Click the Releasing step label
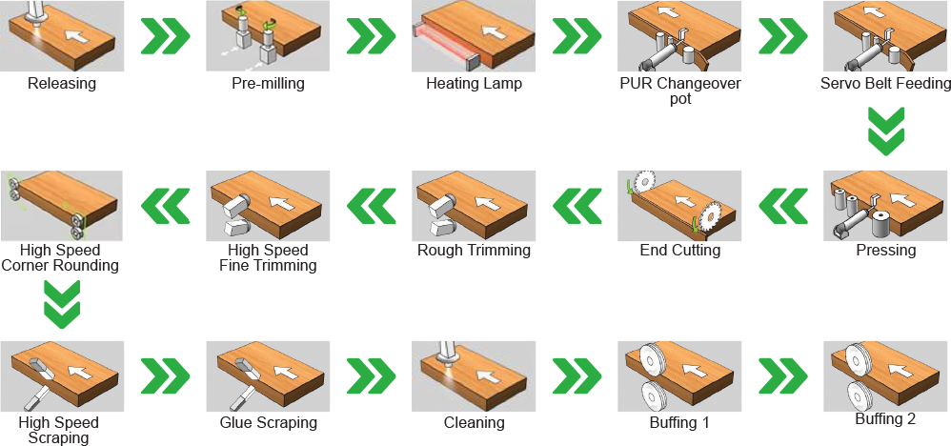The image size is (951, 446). point(62,83)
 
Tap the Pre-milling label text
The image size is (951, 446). point(268,83)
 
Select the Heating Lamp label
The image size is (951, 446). point(474,83)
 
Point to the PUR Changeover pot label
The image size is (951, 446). point(679,91)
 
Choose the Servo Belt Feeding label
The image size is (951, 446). point(885,83)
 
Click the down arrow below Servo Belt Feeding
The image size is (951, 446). point(886,131)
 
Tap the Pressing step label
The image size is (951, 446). point(886,250)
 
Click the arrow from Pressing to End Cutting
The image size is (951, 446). point(783,206)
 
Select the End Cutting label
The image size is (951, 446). point(679,250)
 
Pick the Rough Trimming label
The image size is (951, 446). point(474,250)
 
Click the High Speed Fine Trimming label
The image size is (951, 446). point(268,257)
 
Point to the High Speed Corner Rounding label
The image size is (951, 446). point(61,257)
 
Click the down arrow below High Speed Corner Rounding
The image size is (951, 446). point(62,303)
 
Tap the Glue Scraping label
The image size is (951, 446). point(268,422)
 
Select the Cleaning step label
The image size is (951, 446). point(474,422)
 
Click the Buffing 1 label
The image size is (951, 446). point(679,422)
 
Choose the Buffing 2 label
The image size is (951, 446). point(885,418)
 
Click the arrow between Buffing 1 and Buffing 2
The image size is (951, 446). point(783,376)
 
